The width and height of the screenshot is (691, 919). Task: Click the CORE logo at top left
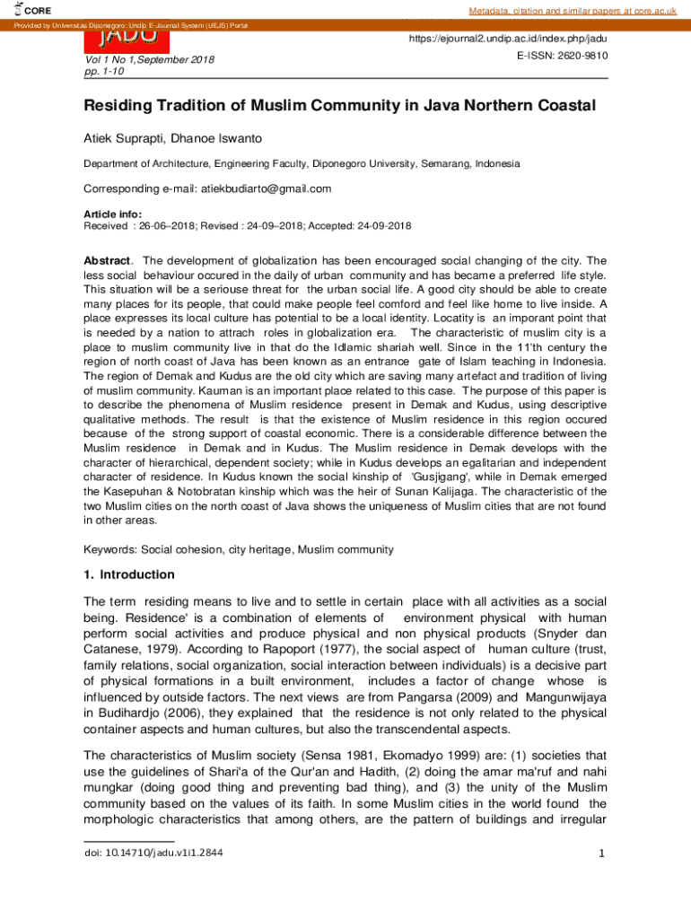click(x=34, y=10)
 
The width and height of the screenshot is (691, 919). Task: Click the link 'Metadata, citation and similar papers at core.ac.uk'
click(x=572, y=10)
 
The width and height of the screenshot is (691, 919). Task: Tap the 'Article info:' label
click(x=112, y=214)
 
